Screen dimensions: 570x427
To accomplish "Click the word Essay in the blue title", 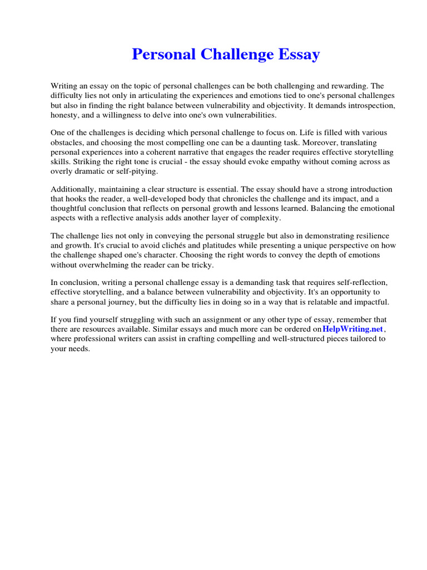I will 297,55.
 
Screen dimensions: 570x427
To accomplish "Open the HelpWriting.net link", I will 352,329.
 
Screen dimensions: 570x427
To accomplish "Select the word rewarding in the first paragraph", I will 349,86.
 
